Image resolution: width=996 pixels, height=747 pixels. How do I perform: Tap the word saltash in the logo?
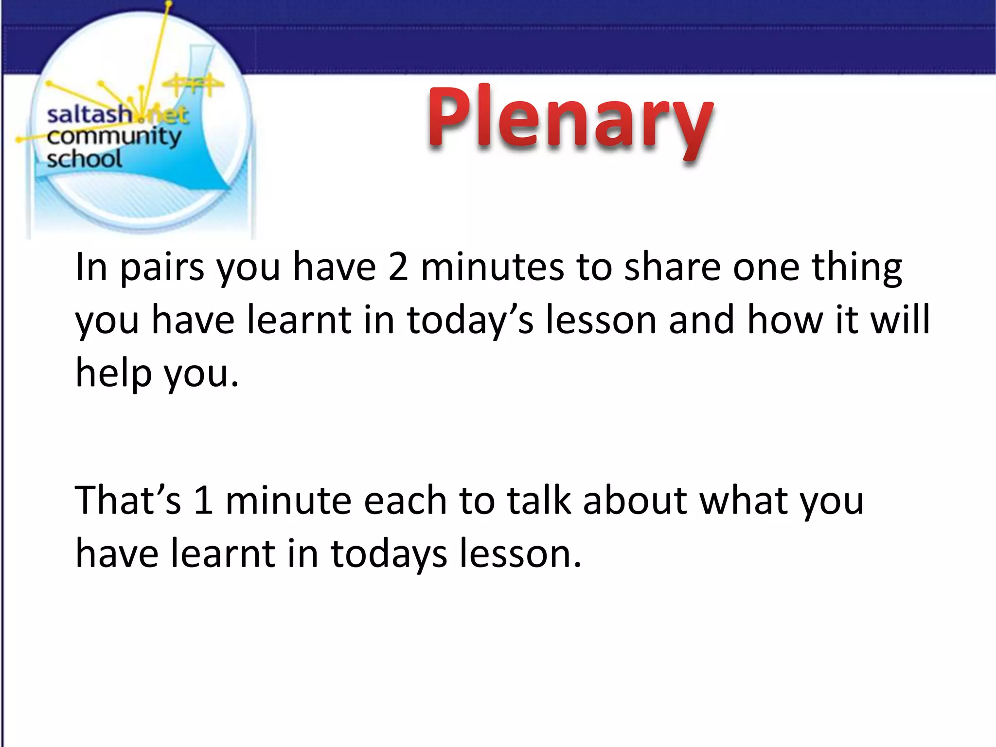[89, 115]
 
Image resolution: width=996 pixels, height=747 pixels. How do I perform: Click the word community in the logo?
[114, 137]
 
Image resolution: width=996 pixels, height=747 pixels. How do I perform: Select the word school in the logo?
[84, 159]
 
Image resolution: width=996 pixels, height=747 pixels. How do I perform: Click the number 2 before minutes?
[398, 267]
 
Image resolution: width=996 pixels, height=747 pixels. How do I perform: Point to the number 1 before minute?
[203, 500]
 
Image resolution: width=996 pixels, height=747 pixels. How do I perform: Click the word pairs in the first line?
[162, 268]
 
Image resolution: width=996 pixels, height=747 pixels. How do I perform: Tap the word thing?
[856, 268]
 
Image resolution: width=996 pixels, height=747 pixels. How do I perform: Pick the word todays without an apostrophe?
[389, 555]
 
